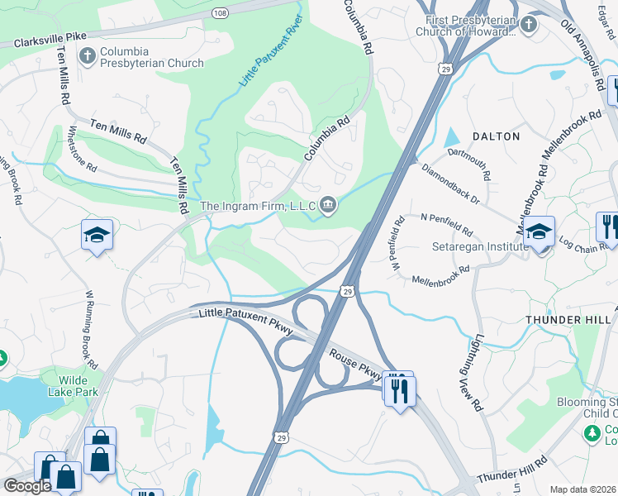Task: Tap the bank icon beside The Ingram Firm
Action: point(328,204)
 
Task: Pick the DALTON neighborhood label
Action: point(496,136)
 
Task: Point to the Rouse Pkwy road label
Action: point(355,364)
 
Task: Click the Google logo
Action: point(26,486)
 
